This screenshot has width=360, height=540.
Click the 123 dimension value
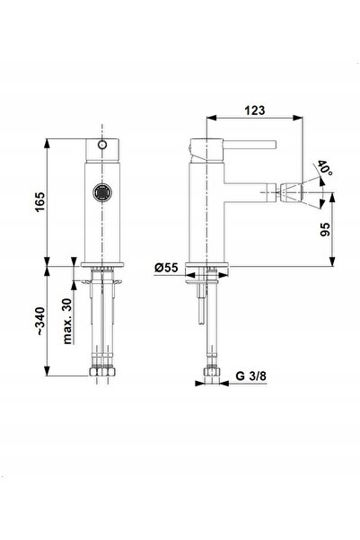pyautogui.click(x=255, y=111)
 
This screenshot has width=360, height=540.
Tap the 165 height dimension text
pyautogui.click(x=40, y=202)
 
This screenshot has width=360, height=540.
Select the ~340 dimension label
pyautogui.click(x=40, y=321)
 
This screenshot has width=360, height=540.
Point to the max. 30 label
pyautogui.click(x=67, y=321)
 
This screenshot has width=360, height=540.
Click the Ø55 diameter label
pyautogui.click(x=166, y=268)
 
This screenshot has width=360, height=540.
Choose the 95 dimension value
pyautogui.click(x=325, y=229)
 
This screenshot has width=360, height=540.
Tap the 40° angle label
pyautogui.click(x=324, y=168)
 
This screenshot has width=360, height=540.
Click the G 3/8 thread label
pyautogui.click(x=250, y=376)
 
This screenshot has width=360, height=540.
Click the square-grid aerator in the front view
pyautogui.click(x=102, y=192)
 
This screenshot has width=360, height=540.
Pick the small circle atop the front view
pyautogui.click(x=101, y=145)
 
